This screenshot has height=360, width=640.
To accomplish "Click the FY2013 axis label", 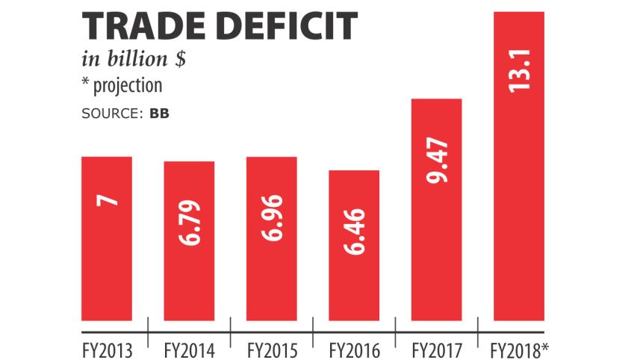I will tap(107, 349).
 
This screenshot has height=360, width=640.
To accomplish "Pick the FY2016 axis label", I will tap(354, 349).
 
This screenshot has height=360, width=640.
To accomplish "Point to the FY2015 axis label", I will tap(272, 349).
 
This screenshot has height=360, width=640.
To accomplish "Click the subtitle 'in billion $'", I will tap(133, 60).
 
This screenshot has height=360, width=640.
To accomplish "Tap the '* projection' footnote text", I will tap(122, 85).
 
